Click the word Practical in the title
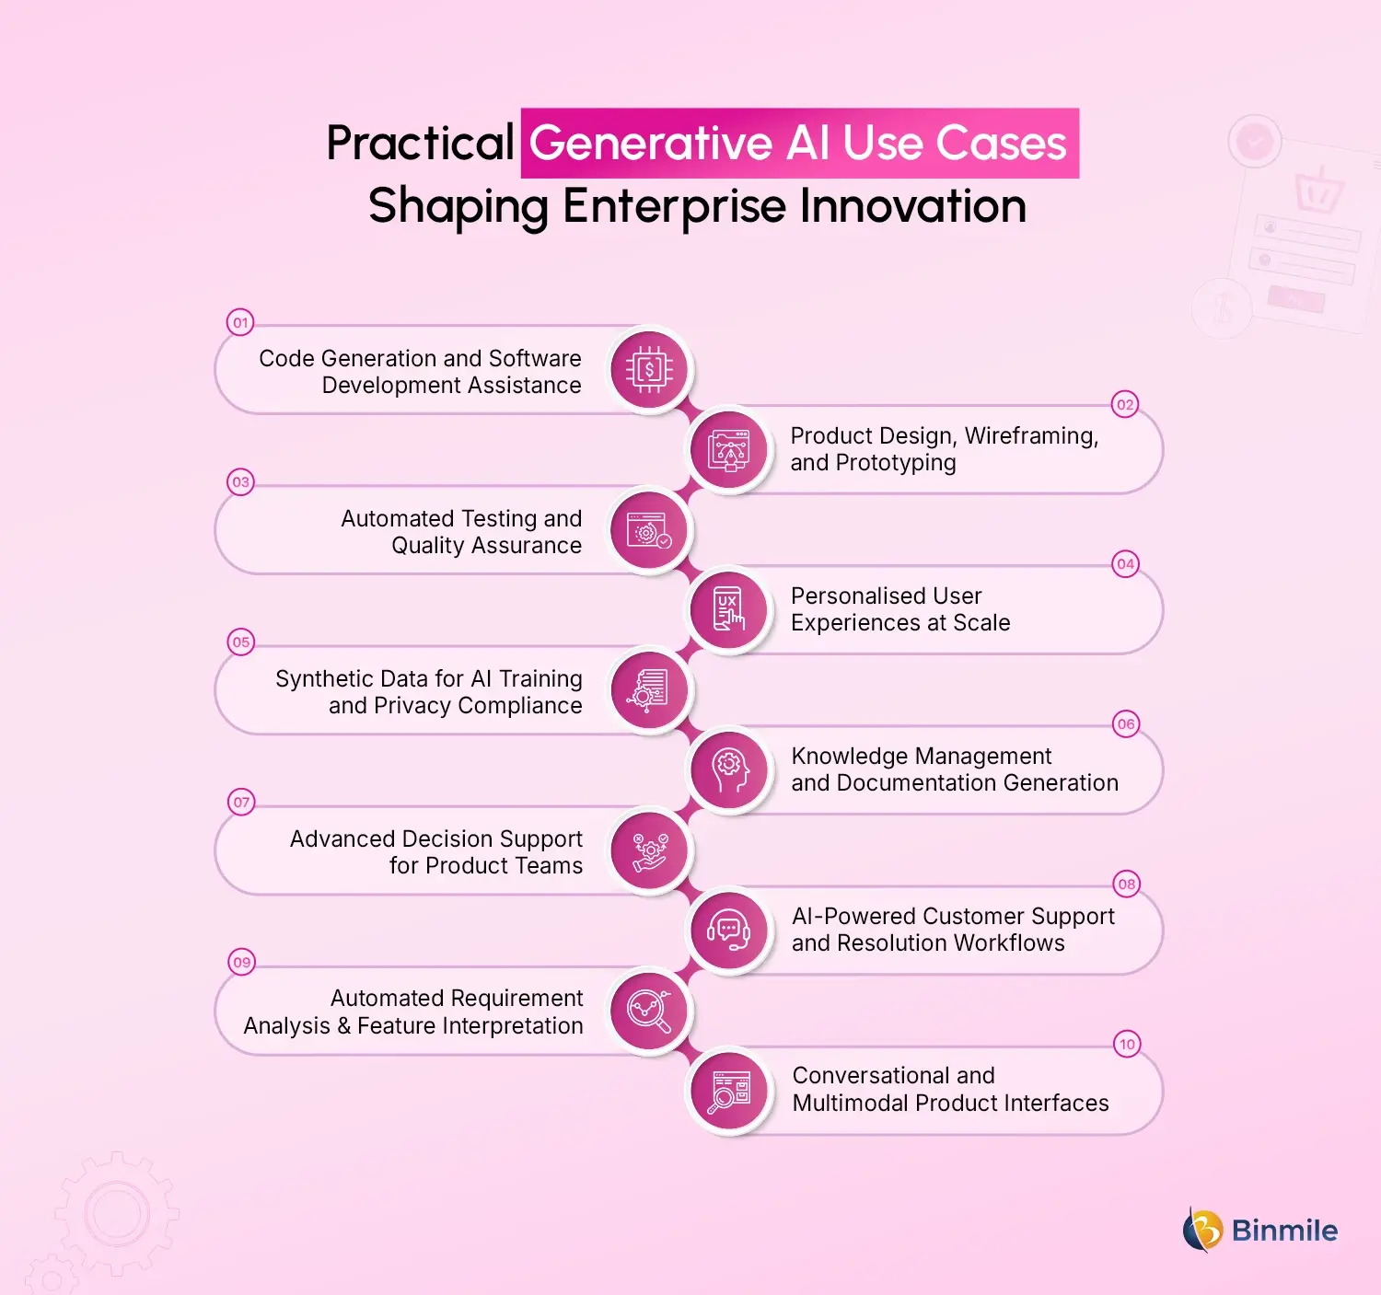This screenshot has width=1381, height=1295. click(420, 144)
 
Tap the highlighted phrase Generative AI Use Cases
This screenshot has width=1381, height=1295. click(798, 144)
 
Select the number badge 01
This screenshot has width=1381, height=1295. click(240, 322)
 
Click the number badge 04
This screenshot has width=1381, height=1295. click(1125, 563)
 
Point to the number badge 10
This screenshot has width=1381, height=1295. click(1127, 1044)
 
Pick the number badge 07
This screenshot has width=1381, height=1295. click(241, 802)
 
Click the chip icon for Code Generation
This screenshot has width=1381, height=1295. click(649, 370)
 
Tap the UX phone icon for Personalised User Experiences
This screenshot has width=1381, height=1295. click(729, 610)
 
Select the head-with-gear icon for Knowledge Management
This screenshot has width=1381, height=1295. click(729, 770)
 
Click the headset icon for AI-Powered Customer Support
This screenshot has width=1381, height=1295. click(729, 931)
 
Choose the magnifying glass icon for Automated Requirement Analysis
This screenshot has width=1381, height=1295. click(649, 1011)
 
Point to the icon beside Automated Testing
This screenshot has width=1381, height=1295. click(649, 530)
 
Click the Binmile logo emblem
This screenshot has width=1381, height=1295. click(1202, 1230)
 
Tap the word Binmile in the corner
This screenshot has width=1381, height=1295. click(1284, 1231)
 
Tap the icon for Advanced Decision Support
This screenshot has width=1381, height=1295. click(649, 850)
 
